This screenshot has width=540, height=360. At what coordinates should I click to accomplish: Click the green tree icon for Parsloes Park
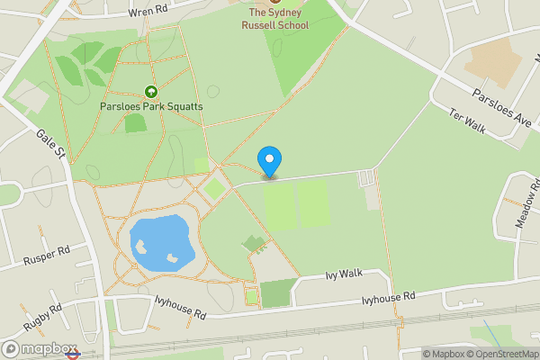151,92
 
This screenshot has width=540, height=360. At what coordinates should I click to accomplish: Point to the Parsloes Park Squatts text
151,106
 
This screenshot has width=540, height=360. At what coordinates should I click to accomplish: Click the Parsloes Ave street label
503,108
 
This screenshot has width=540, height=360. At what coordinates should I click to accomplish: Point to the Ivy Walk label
343,273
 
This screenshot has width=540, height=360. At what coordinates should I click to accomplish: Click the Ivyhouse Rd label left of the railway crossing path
180,308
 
